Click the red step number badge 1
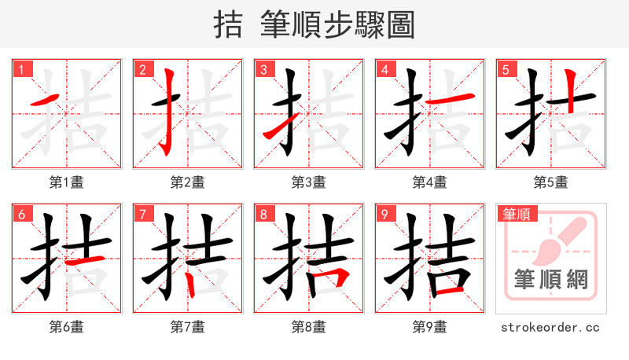coord(21,69)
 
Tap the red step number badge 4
coord(384,69)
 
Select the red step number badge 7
coord(142,214)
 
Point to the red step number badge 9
coord(384,214)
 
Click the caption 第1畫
coord(66,182)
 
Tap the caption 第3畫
coord(308,182)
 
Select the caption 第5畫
coord(550,182)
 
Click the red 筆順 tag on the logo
coord(515,213)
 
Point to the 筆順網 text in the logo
coord(550,279)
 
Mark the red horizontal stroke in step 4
coord(454,97)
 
